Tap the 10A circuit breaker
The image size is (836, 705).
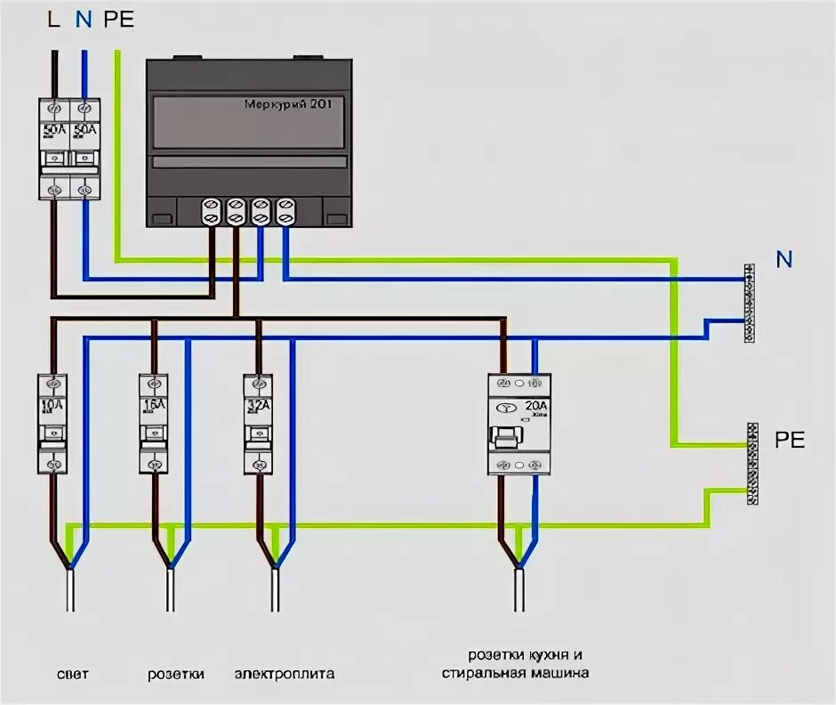(x=52, y=423)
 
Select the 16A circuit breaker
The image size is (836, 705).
(x=154, y=423)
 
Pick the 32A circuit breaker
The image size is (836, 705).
(x=258, y=423)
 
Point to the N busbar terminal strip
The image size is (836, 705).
(x=750, y=304)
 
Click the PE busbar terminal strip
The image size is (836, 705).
(x=752, y=464)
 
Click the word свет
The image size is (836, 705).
(x=72, y=674)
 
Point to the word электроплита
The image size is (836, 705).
(x=285, y=674)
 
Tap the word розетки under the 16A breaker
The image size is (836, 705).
(x=175, y=674)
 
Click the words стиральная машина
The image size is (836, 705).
(x=516, y=674)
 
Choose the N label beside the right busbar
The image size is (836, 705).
(x=784, y=260)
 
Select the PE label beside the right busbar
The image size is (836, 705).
(x=790, y=440)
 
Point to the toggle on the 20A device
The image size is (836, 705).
(x=506, y=436)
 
